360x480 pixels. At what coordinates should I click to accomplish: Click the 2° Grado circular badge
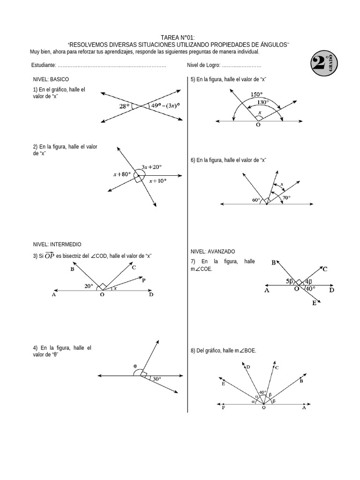click(323, 64)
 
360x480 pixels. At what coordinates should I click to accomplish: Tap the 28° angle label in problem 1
click(124, 106)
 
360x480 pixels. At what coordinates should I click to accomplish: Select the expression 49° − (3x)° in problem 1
click(165, 105)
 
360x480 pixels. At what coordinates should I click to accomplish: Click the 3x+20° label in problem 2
click(151, 167)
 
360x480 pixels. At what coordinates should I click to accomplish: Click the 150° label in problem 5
click(256, 94)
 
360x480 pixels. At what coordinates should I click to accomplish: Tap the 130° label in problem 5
click(263, 102)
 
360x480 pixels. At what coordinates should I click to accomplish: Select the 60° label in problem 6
click(256, 200)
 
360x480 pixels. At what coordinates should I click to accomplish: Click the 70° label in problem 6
click(286, 198)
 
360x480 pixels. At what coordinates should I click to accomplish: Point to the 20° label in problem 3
click(89, 285)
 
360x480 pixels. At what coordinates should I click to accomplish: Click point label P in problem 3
click(143, 280)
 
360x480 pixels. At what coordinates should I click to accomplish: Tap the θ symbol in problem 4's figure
click(135, 367)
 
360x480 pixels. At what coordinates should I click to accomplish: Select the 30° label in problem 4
click(157, 379)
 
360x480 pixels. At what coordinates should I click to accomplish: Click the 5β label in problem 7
click(290, 281)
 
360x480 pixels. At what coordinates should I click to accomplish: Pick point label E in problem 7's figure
click(315, 303)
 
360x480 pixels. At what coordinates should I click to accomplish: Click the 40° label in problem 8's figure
click(262, 392)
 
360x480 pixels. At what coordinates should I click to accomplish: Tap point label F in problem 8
click(223, 408)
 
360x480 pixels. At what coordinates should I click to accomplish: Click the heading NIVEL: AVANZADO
click(213, 251)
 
